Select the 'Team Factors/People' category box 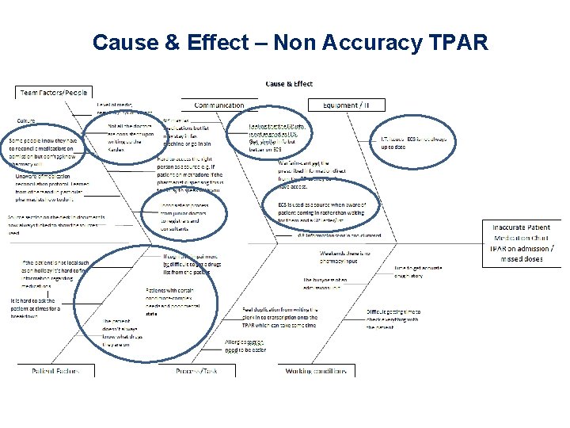(x=54, y=92)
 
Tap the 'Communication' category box (x=219, y=104)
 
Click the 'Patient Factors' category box (x=53, y=370)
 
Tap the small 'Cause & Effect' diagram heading (x=288, y=84)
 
